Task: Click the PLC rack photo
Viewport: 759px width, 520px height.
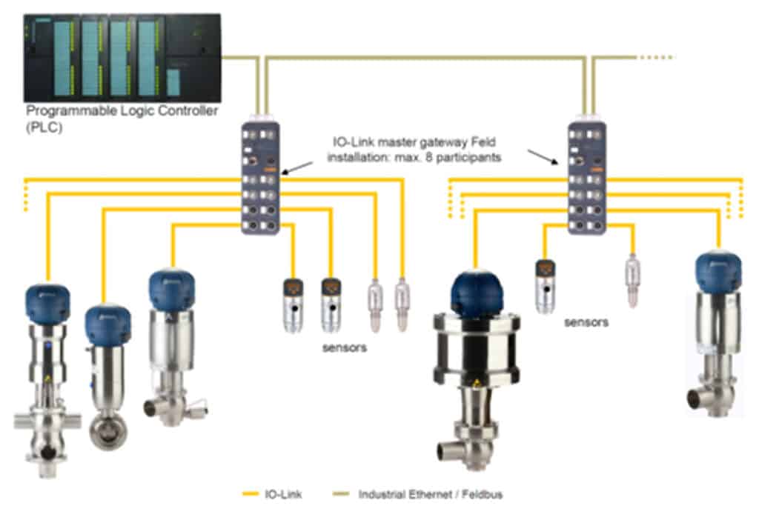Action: pyautogui.click(x=122, y=57)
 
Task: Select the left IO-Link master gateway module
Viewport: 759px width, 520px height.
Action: pyautogui.click(x=261, y=178)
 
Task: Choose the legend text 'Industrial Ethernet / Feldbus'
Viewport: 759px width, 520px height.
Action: pyautogui.click(x=430, y=493)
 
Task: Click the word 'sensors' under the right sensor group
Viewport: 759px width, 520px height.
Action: pyautogui.click(x=586, y=322)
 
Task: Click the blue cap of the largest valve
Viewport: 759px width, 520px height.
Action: pyautogui.click(x=477, y=292)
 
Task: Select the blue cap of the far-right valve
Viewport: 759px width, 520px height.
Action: pyautogui.click(x=718, y=271)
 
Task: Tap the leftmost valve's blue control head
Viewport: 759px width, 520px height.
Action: pyautogui.click(x=47, y=302)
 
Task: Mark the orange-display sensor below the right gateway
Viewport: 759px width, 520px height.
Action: pyautogui.click(x=546, y=285)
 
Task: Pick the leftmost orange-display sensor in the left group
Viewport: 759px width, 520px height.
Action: pyautogui.click(x=292, y=304)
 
